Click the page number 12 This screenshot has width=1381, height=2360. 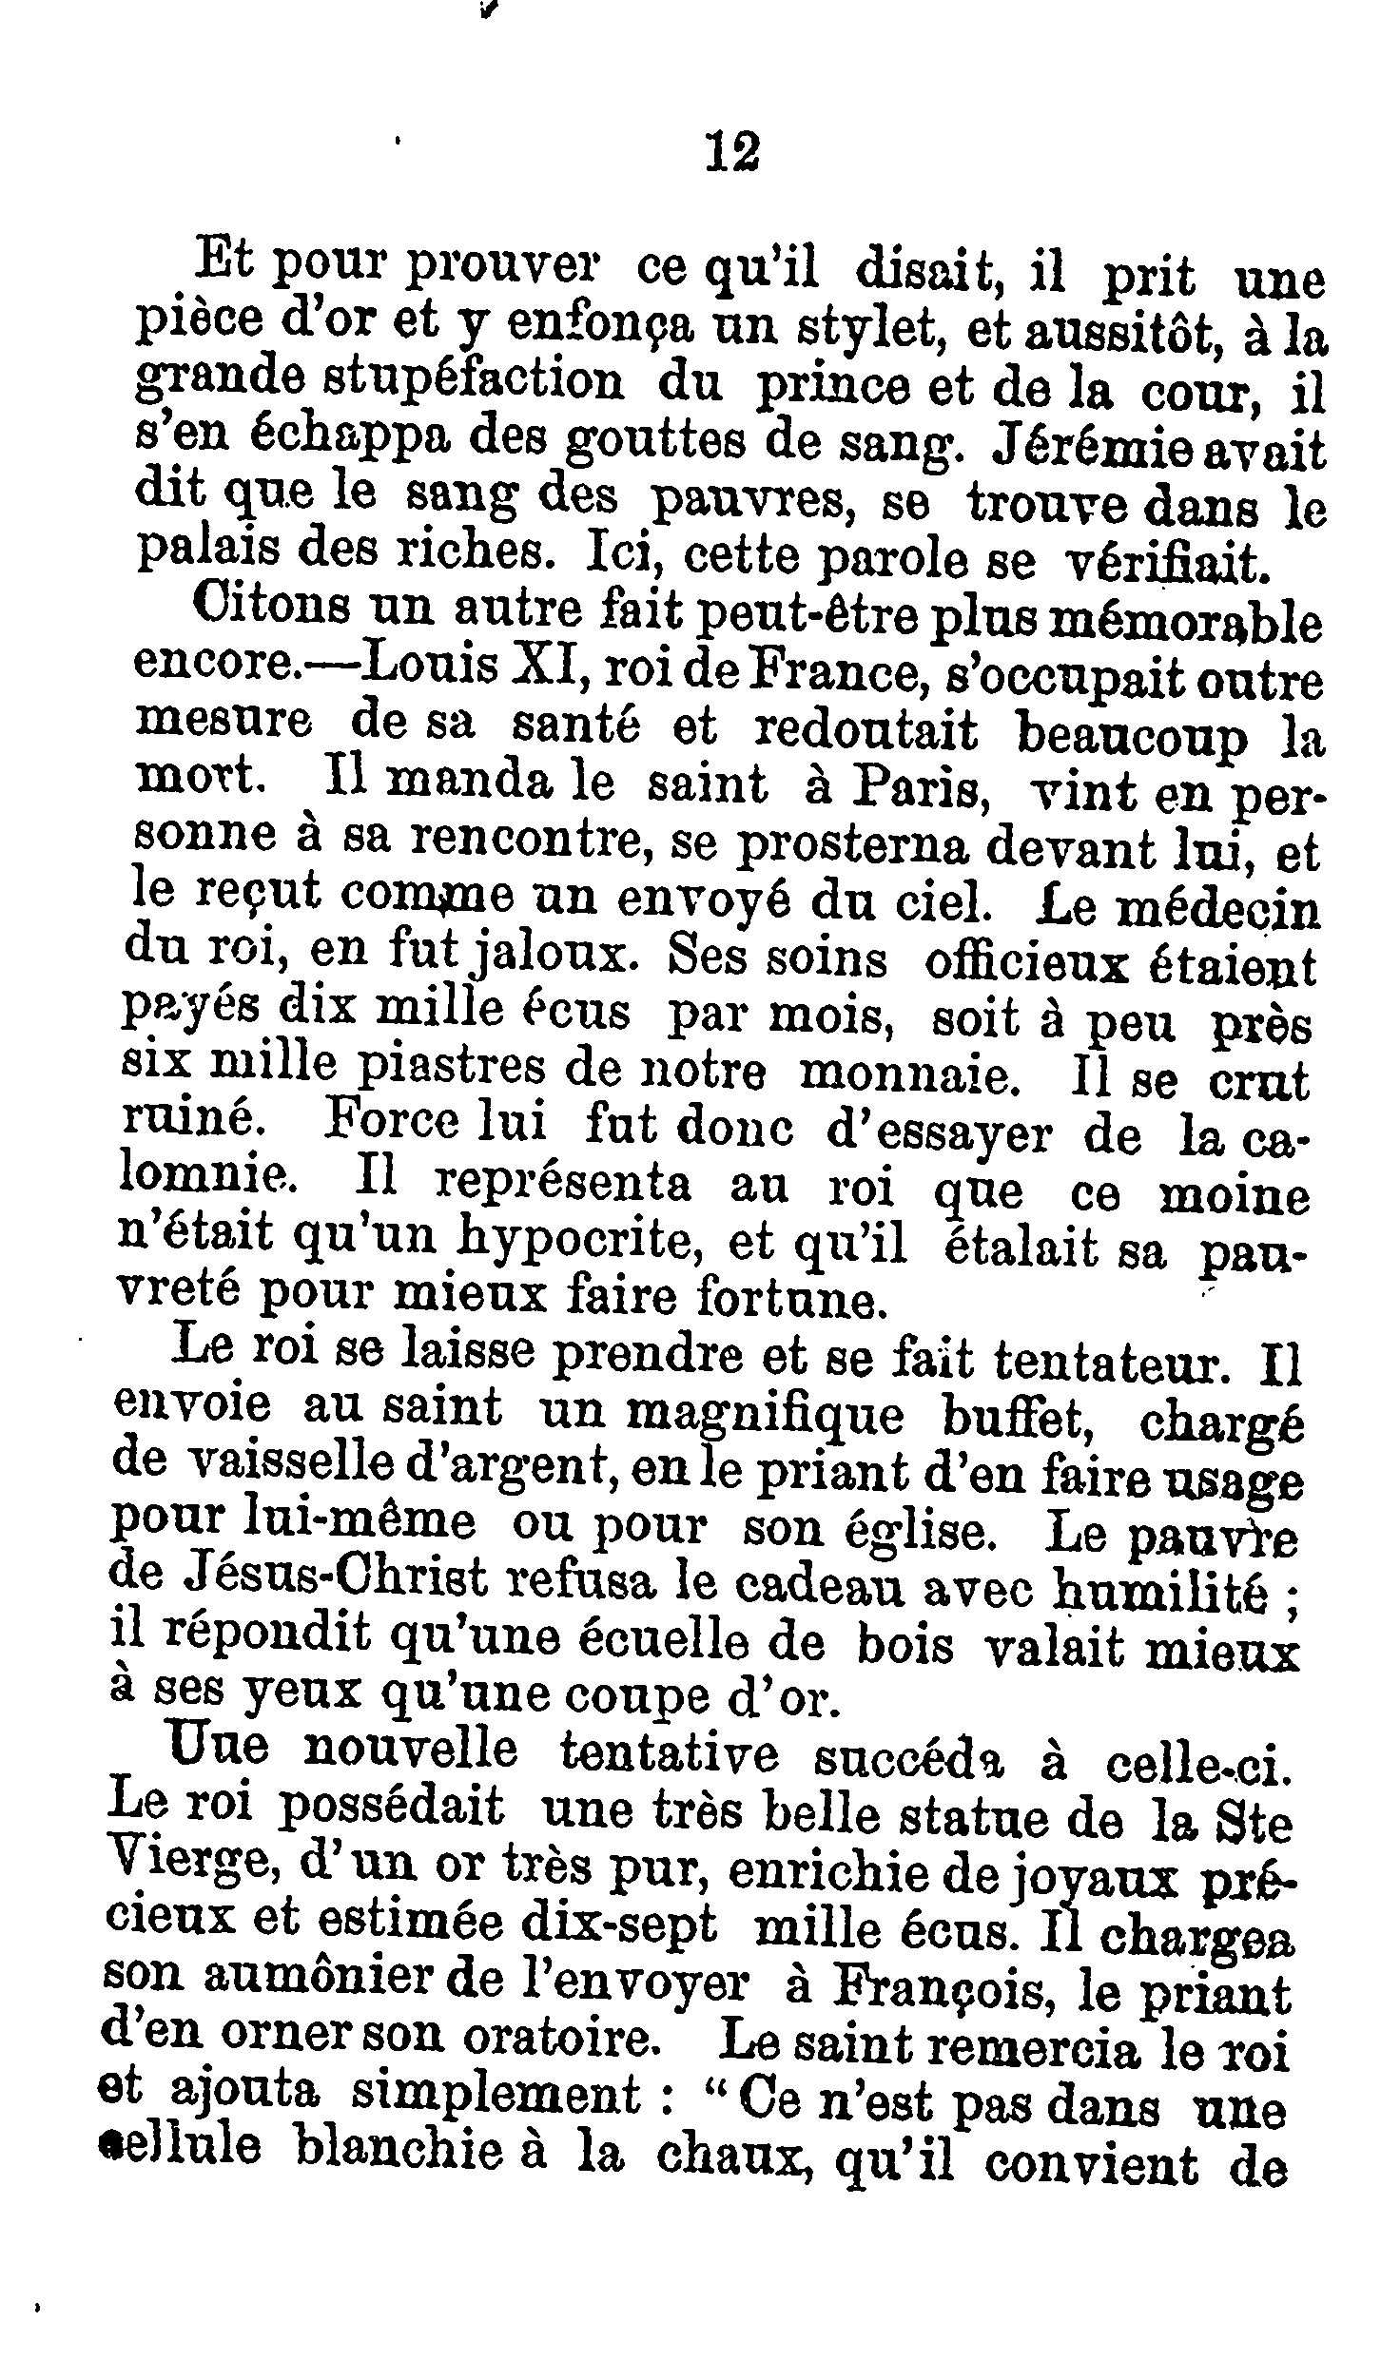(x=733, y=151)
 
